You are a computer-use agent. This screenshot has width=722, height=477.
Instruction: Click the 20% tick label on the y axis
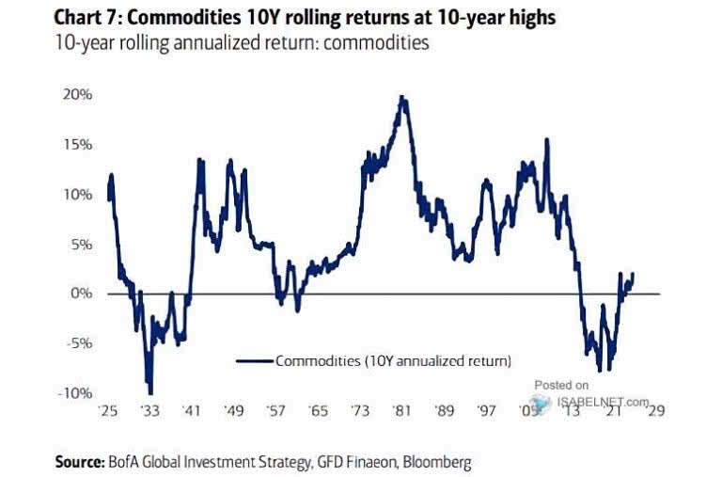point(77,95)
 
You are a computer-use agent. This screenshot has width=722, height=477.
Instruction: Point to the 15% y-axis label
point(77,145)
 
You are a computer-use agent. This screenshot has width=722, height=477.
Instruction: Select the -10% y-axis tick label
point(75,392)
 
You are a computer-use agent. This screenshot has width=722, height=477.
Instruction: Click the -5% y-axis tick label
point(78,342)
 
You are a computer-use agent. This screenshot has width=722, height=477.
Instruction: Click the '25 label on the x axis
point(108,411)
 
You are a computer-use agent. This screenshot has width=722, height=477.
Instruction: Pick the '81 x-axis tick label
point(403,411)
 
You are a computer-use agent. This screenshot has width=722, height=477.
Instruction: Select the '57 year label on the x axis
point(276,411)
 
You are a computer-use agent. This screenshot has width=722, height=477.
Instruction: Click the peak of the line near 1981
point(402,97)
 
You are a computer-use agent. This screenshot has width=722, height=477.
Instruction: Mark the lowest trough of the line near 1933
point(150,392)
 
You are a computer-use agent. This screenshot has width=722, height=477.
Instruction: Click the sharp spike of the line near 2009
point(547,140)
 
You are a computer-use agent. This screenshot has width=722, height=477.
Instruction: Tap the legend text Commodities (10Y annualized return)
point(393,359)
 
